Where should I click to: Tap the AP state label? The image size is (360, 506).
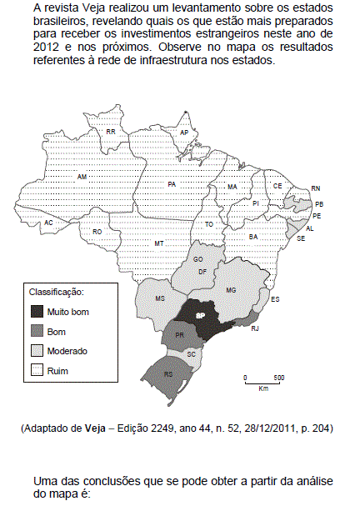point(183,133)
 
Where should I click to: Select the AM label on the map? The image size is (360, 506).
point(82,177)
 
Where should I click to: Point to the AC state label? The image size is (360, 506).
point(49,223)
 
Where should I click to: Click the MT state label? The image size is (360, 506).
point(157,243)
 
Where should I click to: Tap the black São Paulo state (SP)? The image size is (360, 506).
point(201,315)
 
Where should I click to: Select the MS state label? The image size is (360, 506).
point(162,298)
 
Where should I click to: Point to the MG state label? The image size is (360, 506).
point(232,289)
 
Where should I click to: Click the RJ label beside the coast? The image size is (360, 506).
point(254,330)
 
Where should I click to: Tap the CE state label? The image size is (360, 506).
point(277,185)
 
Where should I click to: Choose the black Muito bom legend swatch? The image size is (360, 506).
point(37,312)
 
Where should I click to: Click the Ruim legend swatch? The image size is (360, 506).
point(37,369)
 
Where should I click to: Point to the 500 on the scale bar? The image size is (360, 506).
point(279,378)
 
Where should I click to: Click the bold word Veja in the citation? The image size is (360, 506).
point(94,428)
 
